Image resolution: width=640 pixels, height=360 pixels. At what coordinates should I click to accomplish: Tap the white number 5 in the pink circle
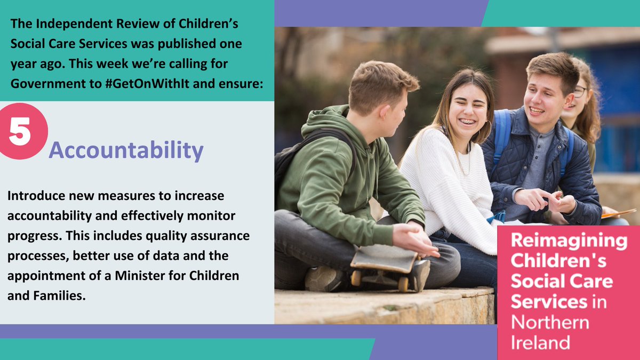[20, 133]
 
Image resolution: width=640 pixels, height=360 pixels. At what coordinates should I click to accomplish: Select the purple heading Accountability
[126, 151]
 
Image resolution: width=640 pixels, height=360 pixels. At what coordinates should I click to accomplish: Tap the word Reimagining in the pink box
[569, 241]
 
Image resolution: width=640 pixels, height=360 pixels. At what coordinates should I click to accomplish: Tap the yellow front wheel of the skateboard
[356, 278]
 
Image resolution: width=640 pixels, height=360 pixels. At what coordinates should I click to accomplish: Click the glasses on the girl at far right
[580, 91]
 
